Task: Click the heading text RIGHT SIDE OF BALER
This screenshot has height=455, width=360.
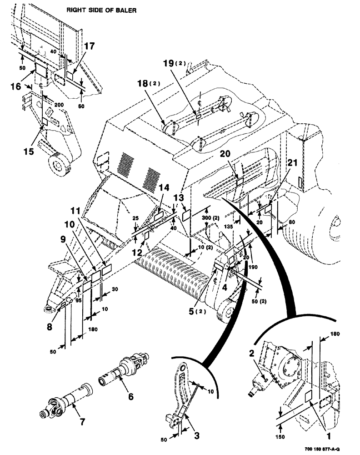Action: [x=101, y=10]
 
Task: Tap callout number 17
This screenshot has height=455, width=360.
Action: [x=89, y=46]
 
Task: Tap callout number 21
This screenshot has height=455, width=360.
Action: [x=293, y=164]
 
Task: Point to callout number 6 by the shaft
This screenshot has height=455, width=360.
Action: [x=130, y=396]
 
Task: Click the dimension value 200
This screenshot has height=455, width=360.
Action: [x=60, y=104]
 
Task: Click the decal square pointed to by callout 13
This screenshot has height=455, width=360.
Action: [x=186, y=214]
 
